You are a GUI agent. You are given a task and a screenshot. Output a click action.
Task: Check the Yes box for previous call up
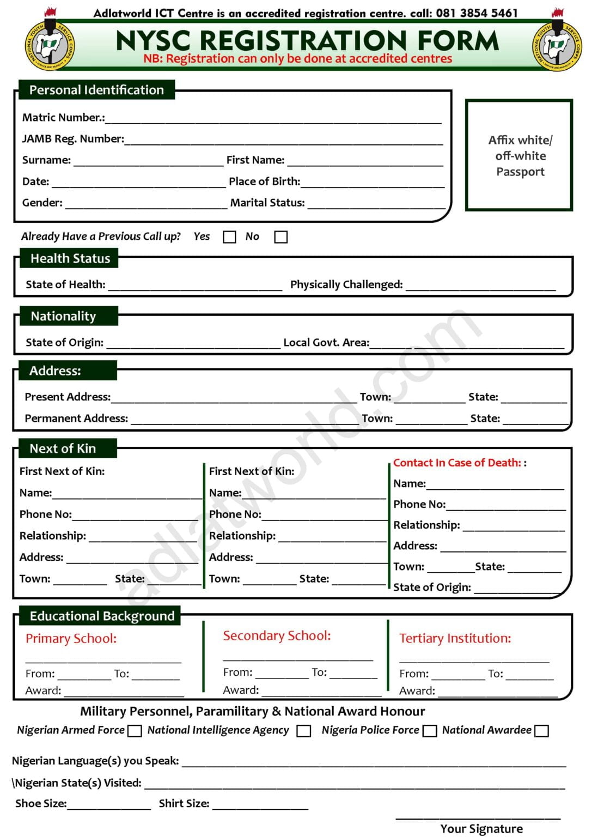tap(230, 237)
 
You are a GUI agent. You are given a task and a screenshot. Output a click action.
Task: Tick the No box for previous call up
tap(281, 237)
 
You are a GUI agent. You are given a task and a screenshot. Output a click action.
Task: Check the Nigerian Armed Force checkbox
tap(135, 731)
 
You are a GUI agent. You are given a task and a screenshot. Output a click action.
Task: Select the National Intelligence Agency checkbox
tap(304, 731)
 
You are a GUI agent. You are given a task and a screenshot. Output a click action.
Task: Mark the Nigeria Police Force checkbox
tap(430, 731)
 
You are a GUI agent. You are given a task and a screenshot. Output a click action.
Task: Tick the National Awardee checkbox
tap(542, 731)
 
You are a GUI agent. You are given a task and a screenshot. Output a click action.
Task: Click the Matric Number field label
tap(63, 117)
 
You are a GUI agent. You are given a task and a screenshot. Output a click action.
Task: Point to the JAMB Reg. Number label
tap(73, 138)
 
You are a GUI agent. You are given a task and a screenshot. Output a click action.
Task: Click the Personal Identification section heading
tap(96, 90)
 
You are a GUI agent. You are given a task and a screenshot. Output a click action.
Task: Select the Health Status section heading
tap(70, 258)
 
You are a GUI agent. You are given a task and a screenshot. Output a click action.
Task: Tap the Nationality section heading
tap(63, 316)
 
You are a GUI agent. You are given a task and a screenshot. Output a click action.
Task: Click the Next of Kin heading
tap(63, 448)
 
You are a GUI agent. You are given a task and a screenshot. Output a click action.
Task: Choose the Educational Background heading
tap(102, 616)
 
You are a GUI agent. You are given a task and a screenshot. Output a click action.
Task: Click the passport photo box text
tap(520, 156)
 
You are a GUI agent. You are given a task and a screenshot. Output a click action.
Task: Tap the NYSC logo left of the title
tap(50, 46)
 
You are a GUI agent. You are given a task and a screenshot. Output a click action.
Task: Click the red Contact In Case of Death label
tap(457, 463)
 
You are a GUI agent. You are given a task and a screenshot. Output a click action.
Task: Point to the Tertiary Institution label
tap(455, 638)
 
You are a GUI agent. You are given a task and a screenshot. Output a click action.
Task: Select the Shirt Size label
tap(184, 803)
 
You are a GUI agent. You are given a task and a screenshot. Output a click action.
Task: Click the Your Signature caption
tap(481, 828)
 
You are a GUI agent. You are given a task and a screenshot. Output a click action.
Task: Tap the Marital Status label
tap(267, 203)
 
